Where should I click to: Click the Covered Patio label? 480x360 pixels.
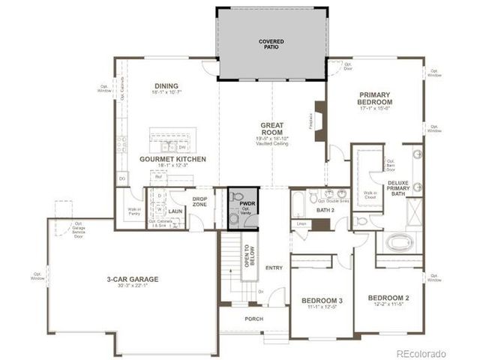point(271,43)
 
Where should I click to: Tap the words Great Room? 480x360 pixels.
point(271,129)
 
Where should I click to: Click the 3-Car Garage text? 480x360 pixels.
point(132,279)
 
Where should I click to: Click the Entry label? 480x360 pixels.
point(274,268)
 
